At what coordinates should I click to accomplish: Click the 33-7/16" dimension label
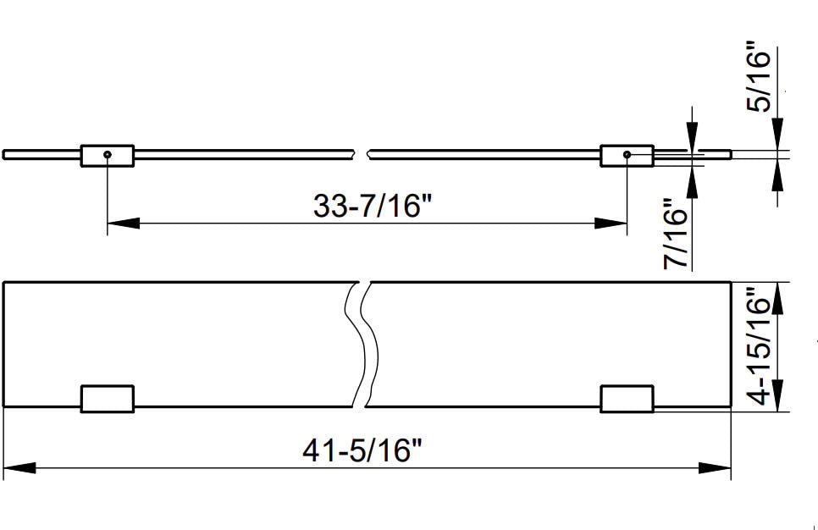(x=373, y=205)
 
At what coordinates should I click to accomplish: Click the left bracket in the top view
(x=108, y=156)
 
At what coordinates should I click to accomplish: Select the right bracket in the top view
(x=627, y=156)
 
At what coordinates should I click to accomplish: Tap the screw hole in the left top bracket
(x=108, y=154)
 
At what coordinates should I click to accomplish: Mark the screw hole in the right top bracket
(x=627, y=154)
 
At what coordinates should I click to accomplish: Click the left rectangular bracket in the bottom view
(x=108, y=399)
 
